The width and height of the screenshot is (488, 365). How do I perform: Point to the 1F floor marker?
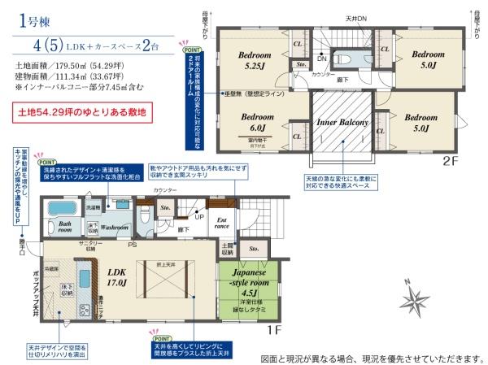[x=273, y=332]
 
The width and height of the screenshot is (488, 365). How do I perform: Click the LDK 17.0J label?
[x=115, y=276]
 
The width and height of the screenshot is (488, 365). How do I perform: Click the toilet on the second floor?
[x=342, y=59]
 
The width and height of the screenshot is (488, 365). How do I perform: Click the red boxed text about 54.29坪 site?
[x=80, y=112]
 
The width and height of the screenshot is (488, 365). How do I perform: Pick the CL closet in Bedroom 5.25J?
[x=298, y=46]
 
